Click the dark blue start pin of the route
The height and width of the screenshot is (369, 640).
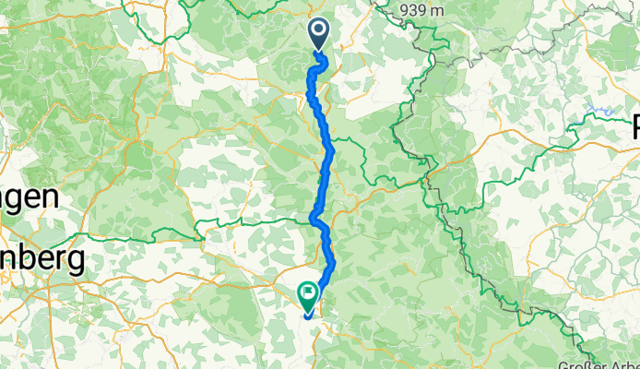pyautogui.click(x=319, y=34)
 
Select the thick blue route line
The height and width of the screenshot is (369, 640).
pyautogui.click(x=325, y=157)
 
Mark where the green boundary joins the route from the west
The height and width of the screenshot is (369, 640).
pyautogui.click(x=310, y=220)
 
